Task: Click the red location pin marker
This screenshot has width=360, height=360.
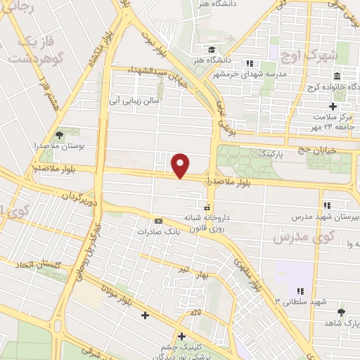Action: [181, 165]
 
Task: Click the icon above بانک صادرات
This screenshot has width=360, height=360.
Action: [158, 220]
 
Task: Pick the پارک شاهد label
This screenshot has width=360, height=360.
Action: [342, 322]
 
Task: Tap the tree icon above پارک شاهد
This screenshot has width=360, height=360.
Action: [342, 311]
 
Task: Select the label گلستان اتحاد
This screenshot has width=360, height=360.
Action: [35, 265]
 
